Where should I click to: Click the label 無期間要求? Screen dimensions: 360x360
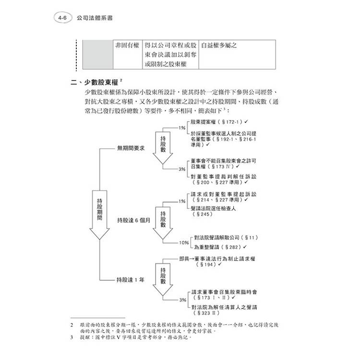(130, 148)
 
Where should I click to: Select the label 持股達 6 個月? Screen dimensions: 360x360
(133, 220)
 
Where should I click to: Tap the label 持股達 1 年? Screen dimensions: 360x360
(130, 279)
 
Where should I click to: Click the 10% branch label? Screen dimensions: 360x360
(183, 242)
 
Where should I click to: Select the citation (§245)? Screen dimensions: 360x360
(202, 215)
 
